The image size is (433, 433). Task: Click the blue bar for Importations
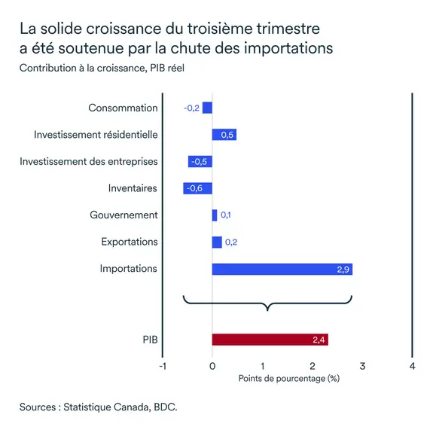tap(282, 269)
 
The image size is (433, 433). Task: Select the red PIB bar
tap(270, 340)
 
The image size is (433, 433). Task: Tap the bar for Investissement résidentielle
tap(224, 135)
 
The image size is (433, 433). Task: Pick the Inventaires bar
tap(197, 188)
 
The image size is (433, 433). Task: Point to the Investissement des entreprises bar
tap(200, 161)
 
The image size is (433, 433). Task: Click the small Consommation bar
tap(207, 108)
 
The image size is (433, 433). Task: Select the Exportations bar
tap(217, 242)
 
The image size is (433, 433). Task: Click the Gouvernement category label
tap(123, 215)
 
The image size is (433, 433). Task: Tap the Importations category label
tap(129, 269)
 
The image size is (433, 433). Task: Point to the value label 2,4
tap(318, 340)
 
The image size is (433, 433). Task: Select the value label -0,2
tap(191, 108)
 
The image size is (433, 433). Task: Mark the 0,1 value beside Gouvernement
tap(226, 215)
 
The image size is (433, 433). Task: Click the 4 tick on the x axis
tap(412, 366)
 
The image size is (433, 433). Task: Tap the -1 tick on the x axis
tap(162, 366)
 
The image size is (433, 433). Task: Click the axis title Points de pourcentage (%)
tap(288, 378)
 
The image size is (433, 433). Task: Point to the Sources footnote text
tap(99, 407)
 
